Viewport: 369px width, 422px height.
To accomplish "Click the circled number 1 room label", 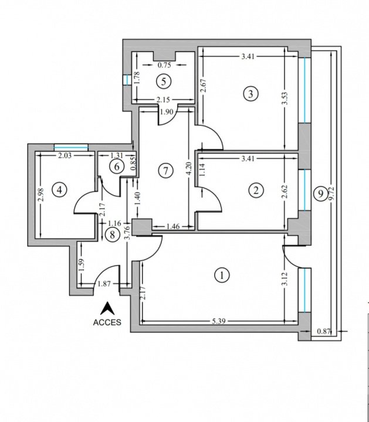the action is tap(222, 275).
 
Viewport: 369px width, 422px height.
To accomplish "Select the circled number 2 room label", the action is tap(256, 190).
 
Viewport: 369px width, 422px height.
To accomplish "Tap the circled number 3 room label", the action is tap(250, 94).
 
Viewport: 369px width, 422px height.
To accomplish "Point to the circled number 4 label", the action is tap(59, 190).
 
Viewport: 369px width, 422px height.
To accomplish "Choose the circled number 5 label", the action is tap(164, 81).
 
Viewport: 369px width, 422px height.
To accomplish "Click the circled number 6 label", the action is tap(117, 166).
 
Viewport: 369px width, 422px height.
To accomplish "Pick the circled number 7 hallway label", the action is tap(165, 171).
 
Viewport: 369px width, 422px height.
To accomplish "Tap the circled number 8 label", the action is tap(112, 234).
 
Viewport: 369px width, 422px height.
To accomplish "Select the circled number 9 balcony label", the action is tap(320, 193).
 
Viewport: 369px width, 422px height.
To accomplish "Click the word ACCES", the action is tap(107, 322).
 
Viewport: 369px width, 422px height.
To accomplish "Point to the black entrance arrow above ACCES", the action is tap(107, 308).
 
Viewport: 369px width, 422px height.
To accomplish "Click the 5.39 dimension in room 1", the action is tap(218, 321).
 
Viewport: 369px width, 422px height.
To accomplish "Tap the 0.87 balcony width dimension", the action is tap(323, 331).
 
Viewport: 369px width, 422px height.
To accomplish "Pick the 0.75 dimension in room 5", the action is tap(164, 65).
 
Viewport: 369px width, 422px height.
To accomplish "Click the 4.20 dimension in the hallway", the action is tap(189, 169).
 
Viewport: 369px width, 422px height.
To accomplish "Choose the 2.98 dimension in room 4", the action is tap(40, 195).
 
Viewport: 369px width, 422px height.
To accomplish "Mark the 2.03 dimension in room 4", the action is tap(65, 155).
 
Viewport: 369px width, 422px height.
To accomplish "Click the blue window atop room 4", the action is tap(71, 148).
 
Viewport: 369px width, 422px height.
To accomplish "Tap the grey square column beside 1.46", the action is tap(141, 227).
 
